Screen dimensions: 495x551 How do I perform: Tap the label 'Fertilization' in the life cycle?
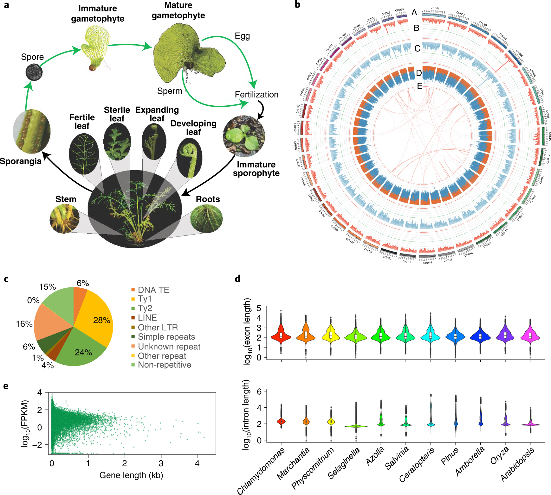pyautogui.click(x=256, y=94)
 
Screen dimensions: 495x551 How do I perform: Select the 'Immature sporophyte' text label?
pyautogui.click(x=256, y=169)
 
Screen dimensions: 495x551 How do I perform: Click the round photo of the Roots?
pyautogui.click(x=206, y=218)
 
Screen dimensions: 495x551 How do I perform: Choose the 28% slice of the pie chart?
pyautogui.click(x=97, y=320)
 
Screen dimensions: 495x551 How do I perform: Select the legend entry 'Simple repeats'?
pyautogui.click(x=166, y=337)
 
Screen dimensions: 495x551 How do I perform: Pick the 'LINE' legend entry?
pyautogui.click(x=147, y=318)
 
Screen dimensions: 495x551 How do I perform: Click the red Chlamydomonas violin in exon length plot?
pyautogui.click(x=281, y=336)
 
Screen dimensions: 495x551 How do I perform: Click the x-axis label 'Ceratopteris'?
pyautogui.click(x=417, y=465)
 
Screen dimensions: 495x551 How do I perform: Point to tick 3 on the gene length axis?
pyautogui.click(x=161, y=463)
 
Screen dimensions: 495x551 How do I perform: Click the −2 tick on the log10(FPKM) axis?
pyautogui.click(x=39, y=445)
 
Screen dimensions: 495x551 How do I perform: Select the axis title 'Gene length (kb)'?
pyautogui.click(x=131, y=475)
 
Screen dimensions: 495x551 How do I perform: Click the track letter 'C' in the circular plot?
pyautogui.click(x=417, y=49)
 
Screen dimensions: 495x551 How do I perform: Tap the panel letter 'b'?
pyautogui.click(x=297, y=5)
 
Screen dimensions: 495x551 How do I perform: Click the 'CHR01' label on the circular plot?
pyautogui.click(x=435, y=8)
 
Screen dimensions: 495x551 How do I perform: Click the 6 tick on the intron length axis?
pyautogui.click(x=259, y=392)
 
